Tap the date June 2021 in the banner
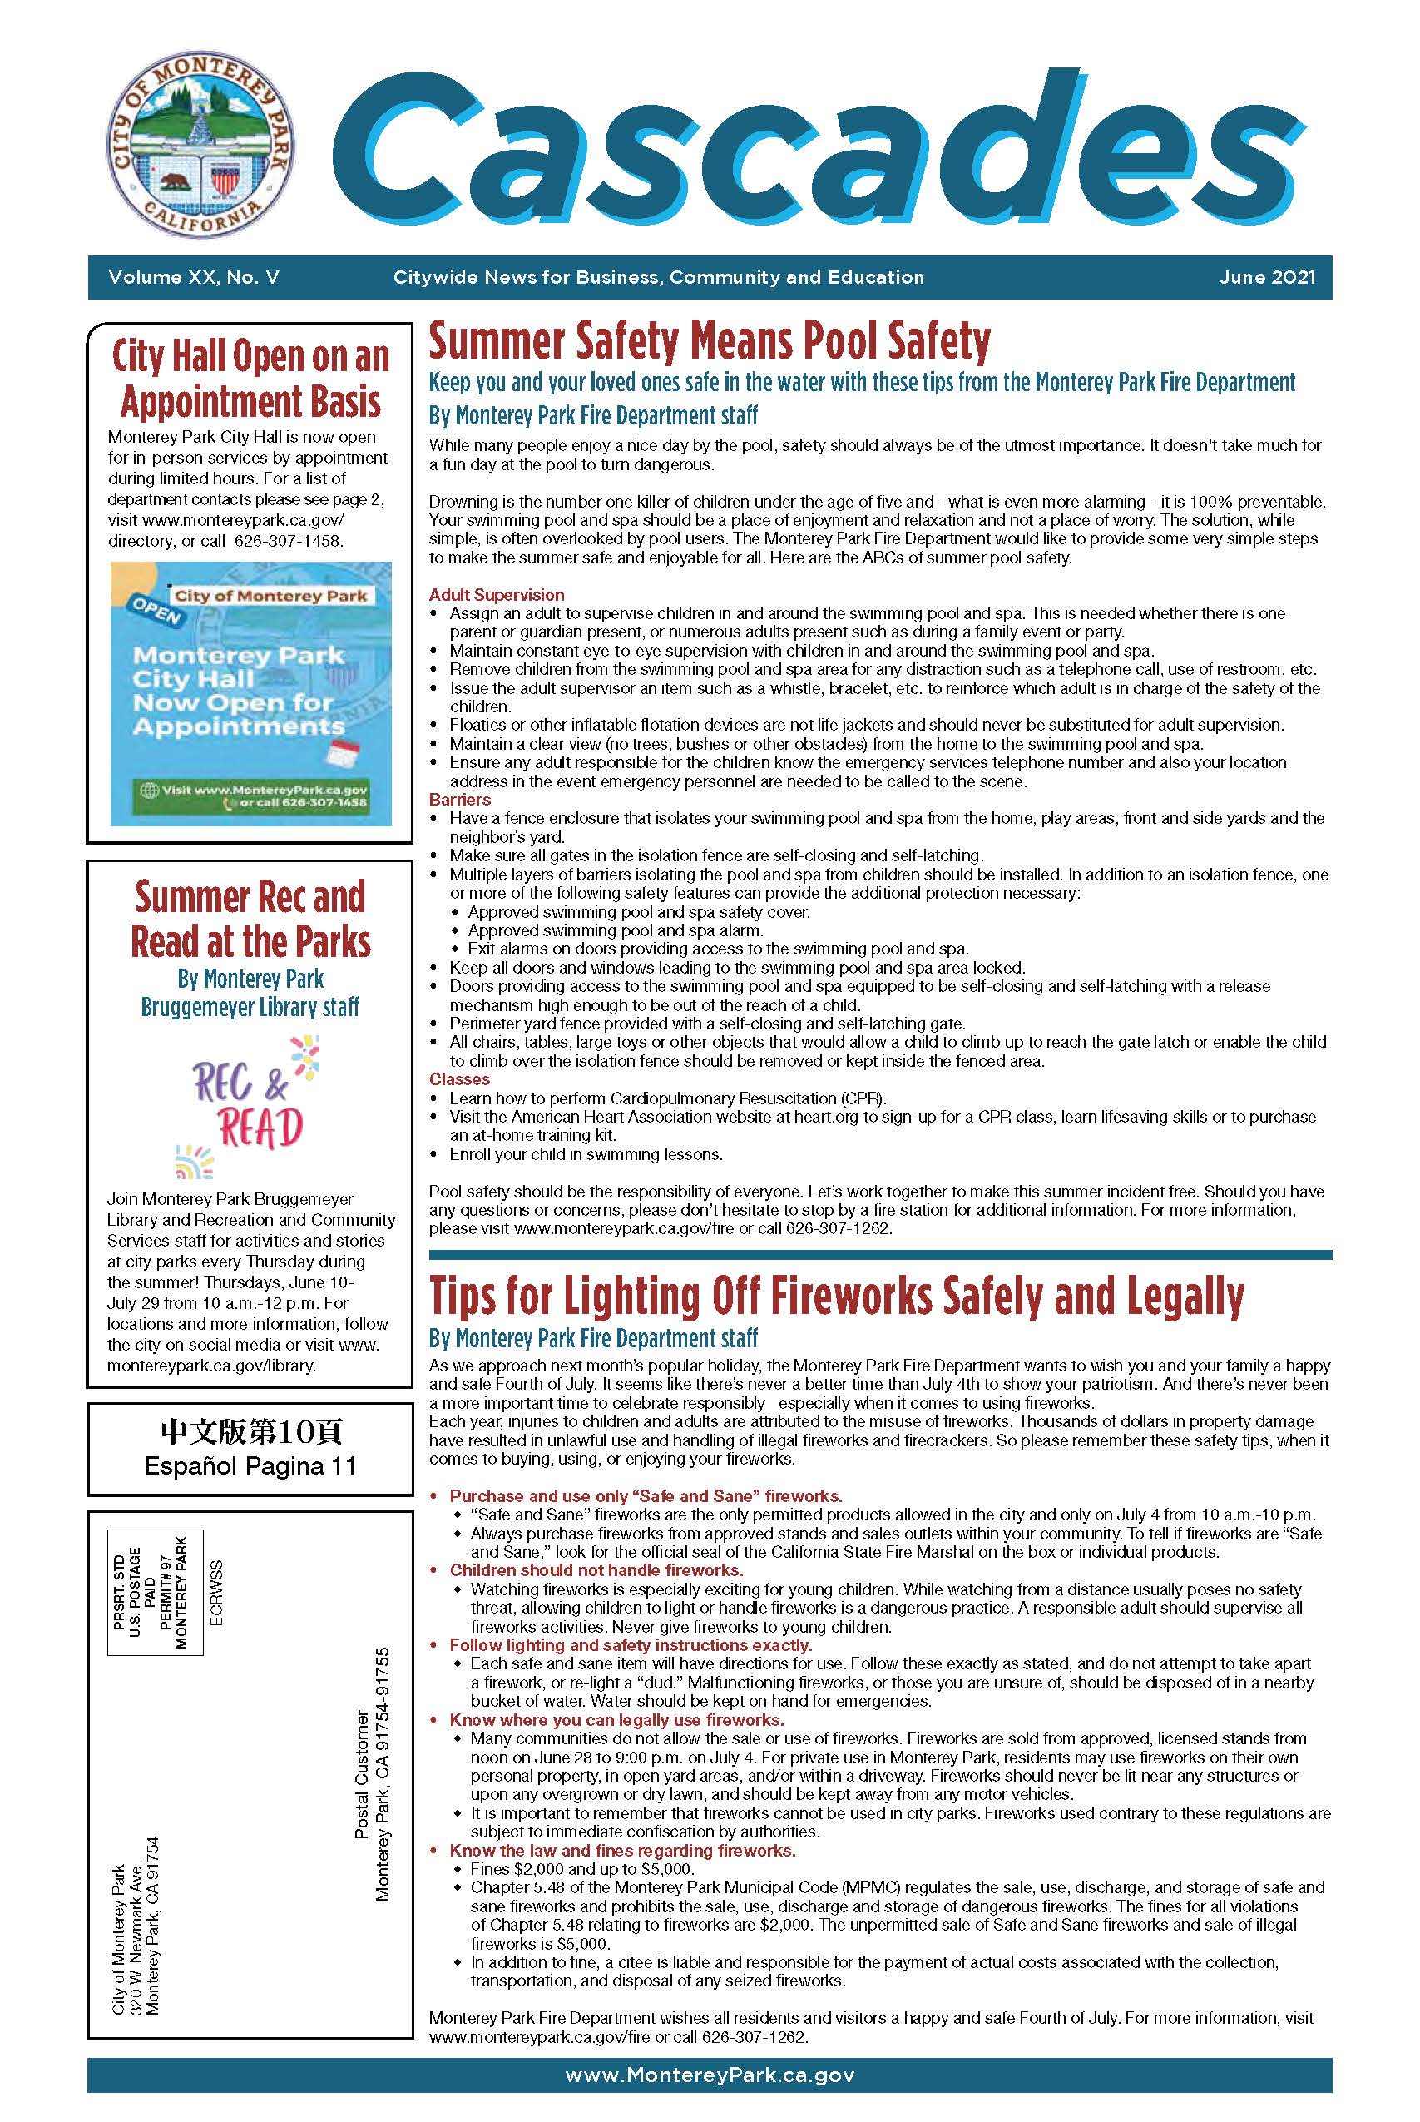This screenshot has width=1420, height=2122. pyautogui.click(x=1266, y=278)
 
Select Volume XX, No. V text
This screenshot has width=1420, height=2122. pyautogui.click(x=194, y=278)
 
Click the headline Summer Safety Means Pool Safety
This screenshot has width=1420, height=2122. pyautogui.click(x=709, y=341)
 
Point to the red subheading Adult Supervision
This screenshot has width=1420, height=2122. pyautogui.click(x=497, y=595)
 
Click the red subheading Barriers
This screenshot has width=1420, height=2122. pyautogui.click(x=460, y=800)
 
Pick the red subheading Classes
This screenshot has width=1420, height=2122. pyautogui.click(x=459, y=1079)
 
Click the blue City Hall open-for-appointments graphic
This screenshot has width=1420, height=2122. pyautogui.click(x=251, y=693)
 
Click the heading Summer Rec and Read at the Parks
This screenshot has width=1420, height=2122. pyautogui.click(x=251, y=919)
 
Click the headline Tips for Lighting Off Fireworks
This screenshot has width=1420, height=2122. pyautogui.click(x=836, y=1297)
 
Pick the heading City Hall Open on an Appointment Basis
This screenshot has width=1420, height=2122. pyautogui.click(x=251, y=379)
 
